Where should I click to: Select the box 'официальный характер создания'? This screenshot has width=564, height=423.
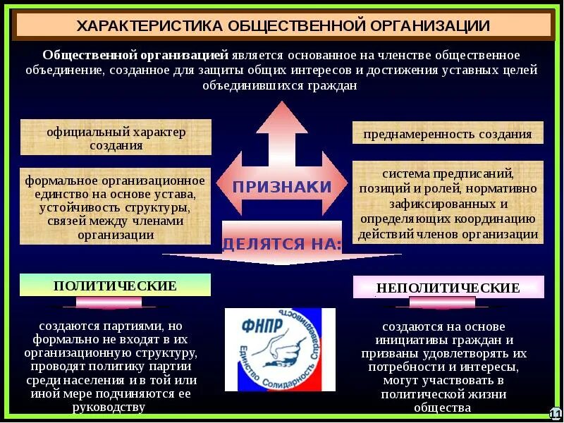(x=116, y=138)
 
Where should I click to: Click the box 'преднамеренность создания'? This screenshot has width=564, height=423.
(x=448, y=134)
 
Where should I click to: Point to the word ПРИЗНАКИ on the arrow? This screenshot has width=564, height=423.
(x=282, y=188)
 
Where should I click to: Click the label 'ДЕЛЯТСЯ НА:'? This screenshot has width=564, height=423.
(x=282, y=245)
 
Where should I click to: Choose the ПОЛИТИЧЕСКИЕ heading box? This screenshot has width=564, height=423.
(x=115, y=286)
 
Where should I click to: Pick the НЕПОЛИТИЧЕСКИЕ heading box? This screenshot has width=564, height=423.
(x=448, y=288)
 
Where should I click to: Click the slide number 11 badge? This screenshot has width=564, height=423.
(x=555, y=412)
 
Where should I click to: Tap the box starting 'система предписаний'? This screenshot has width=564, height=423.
(x=448, y=203)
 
